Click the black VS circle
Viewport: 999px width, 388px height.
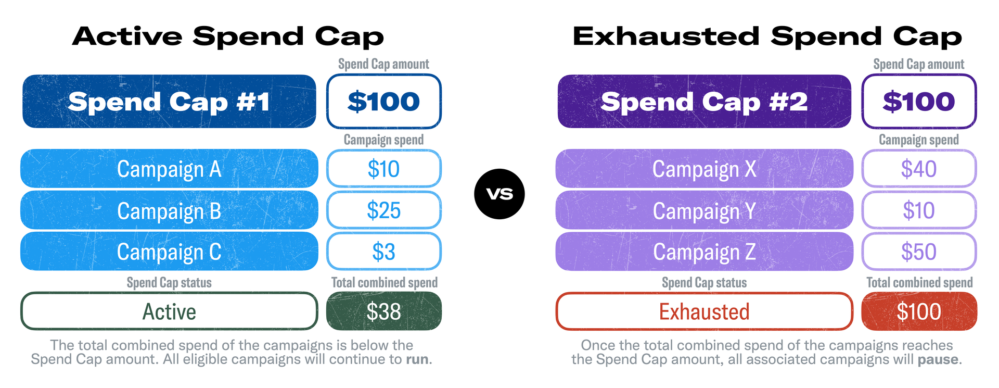coord(499,194)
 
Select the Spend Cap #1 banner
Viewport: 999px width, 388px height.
coord(169,102)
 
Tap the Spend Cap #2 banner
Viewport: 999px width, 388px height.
coord(705,102)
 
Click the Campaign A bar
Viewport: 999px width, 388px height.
coord(169,169)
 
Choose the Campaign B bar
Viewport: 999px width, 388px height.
coord(169,210)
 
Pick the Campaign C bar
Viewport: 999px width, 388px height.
coord(169,252)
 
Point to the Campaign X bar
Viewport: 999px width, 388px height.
coord(705,169)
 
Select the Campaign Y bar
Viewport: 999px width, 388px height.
coord(705,210)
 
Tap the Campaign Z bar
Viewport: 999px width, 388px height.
coord(705,252)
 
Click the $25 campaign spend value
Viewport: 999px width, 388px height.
coord(384,210)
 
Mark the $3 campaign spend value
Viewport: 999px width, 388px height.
coord(384,252)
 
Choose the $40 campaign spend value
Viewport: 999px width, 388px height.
coord(919,169)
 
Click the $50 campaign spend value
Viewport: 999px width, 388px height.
coord(919,252)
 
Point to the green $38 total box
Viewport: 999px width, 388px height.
coord(384,311)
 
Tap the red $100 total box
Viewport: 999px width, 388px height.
coord(919,311)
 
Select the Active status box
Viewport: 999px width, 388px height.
coord(169,311)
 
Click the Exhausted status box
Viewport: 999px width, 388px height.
coord(705,311)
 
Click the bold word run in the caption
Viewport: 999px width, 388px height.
coord(417,360)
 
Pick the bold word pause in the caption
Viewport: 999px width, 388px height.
coord(938,360)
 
